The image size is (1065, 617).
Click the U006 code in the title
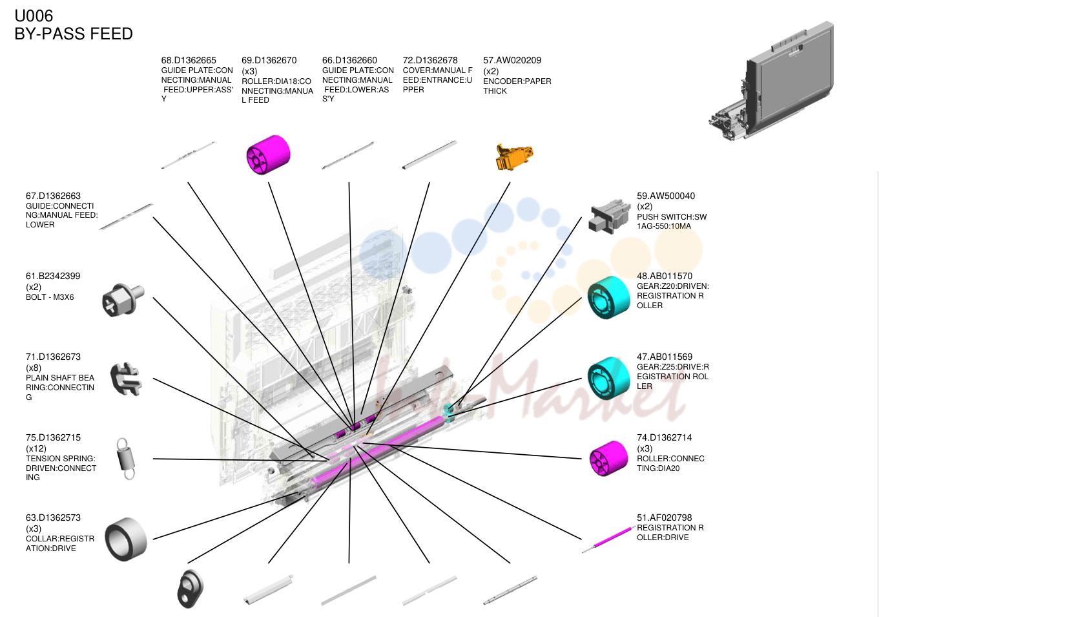coord(34,16)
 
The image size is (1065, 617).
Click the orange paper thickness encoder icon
coord(514,156)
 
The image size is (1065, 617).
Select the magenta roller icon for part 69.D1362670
coord(268,154)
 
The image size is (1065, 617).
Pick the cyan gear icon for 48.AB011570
coord(608,297)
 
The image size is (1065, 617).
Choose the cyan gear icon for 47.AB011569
coord(608,378)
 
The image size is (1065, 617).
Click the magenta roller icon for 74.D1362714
coord(608,458)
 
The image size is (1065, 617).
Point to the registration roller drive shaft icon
coord(609,539)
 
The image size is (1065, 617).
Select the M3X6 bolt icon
coord(123,300)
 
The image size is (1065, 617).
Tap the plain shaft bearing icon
coord(126,379)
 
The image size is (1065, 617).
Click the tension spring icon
coord(126,459)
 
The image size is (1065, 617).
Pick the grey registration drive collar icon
coord(125,539)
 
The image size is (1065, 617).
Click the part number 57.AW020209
coord(512,61)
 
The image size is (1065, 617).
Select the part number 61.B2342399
coord(53,276)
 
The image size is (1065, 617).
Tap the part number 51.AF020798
coord(664,518)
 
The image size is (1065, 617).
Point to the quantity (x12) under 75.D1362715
coord(36,448)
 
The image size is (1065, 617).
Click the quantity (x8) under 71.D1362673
coord(34,368)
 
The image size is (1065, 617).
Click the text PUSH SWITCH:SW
coord(672,217)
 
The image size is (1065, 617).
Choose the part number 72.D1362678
coord(430,61)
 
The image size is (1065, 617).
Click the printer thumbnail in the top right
coord(771,81)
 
